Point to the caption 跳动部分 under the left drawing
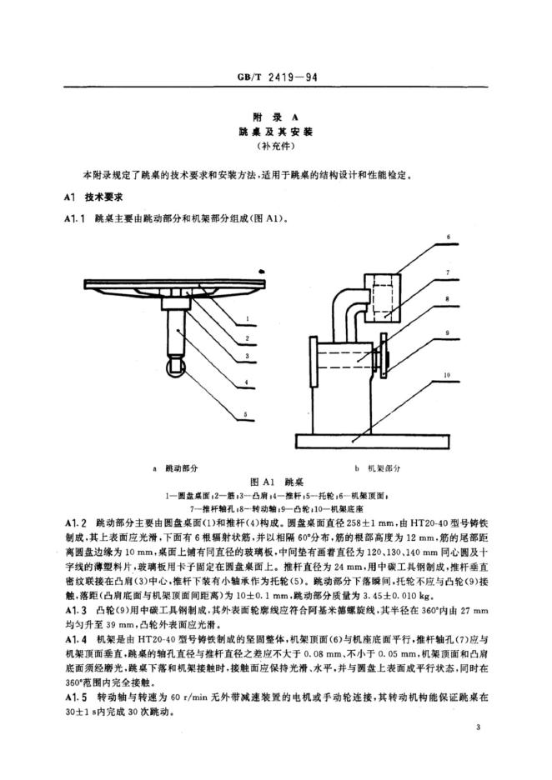[185, 469]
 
